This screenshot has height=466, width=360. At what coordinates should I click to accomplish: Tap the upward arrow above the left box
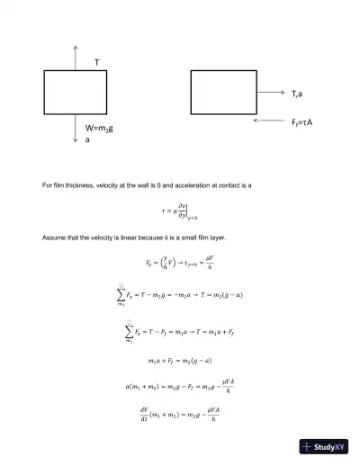(76, 57)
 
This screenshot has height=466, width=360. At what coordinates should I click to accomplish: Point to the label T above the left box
(96, 63)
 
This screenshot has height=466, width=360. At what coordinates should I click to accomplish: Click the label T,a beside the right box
(297, 93)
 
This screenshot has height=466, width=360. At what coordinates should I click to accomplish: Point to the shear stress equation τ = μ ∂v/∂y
(180, 211)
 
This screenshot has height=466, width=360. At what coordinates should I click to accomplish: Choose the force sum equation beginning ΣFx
(180, 332)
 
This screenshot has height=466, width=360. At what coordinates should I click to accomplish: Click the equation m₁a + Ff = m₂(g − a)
(180, 361)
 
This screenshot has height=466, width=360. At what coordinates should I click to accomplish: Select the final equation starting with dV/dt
(180, 417)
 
